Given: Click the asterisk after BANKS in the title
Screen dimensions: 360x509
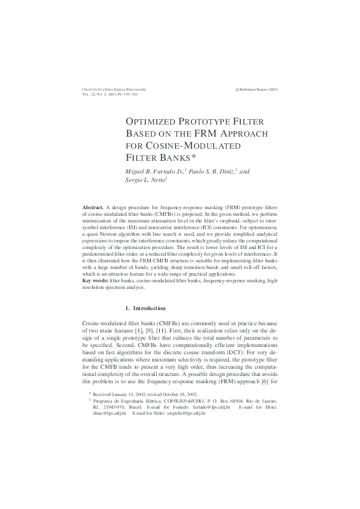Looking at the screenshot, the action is (x=194, y=157).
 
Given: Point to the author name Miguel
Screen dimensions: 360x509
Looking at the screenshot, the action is (x=135, y=172).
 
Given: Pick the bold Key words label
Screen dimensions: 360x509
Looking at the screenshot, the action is (x=95, y=280).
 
